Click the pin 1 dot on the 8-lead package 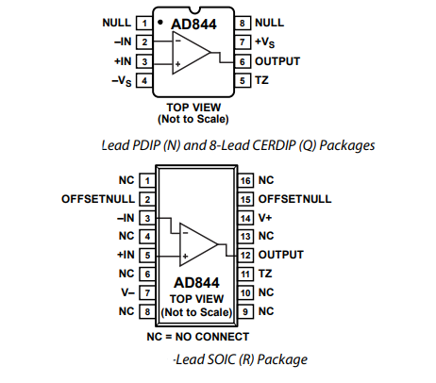[x=160, y=22]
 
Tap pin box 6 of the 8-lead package [x=243, y=61]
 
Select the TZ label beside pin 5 [x=261, y=80]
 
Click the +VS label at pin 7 [x=264, y=42]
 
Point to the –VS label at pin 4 [x=122, y=81]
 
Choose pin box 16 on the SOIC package [x=245, y=180]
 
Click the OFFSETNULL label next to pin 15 [x=294, y=199]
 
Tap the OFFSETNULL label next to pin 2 [x=98, y=199]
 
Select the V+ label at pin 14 [x=265, y=218]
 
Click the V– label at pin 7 [x=128, y=292]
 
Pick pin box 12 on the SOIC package [x=245, y=255]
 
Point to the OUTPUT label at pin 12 [x=281, y=255]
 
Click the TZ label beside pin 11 [x=265, y=274]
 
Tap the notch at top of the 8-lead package [x=193, y=10]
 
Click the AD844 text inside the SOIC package [x=196, y=283]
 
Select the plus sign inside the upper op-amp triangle [x=177, y=64]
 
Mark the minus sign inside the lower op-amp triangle [x=185, y=233]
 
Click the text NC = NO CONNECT [x=198, y=337]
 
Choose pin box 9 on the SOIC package [x=245, y=311]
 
